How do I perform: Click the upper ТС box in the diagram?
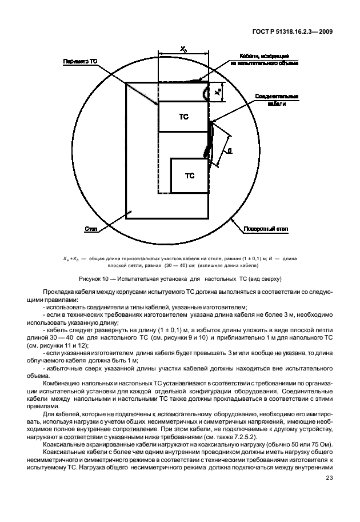pos(183,117)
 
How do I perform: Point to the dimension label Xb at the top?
pos(183,50)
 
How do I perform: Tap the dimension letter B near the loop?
pos(229,151)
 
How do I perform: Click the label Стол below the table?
pos(91,229)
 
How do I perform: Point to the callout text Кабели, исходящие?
pos(264,56)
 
